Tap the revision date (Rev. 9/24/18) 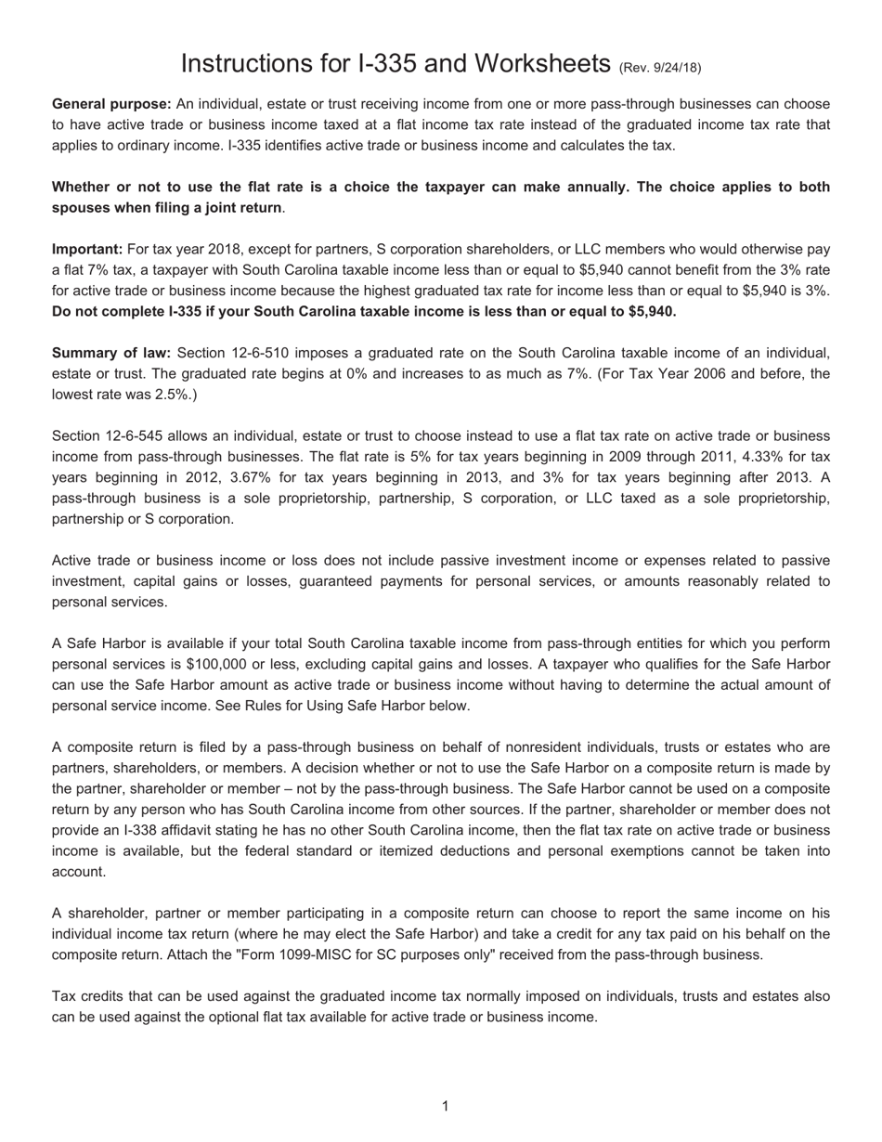pos(659,67)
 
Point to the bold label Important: pos(87,249)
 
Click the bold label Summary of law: pos(111,353)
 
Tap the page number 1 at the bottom pos(446,1106)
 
